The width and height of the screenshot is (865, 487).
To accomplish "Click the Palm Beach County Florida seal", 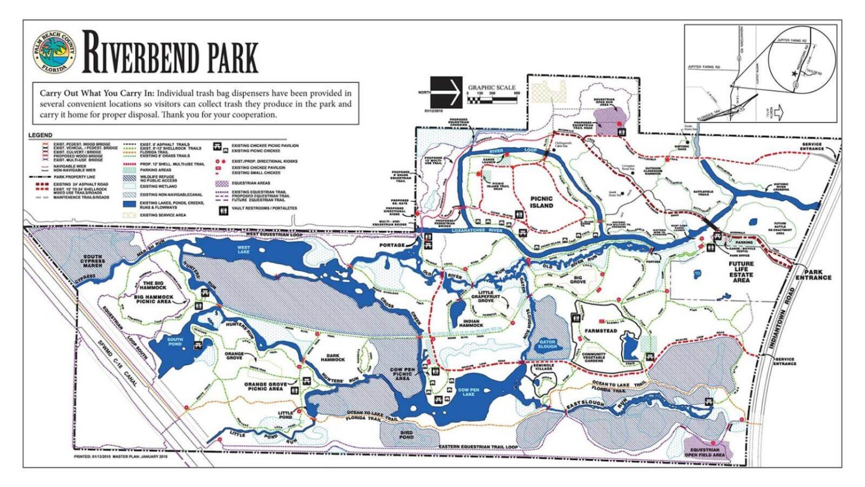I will [54, 53].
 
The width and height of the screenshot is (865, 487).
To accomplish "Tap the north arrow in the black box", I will [446, 92].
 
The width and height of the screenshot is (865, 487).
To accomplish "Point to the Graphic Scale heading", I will [492, 87].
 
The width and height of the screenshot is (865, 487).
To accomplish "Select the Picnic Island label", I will [541, 202].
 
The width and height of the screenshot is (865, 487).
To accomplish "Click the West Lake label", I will [244, 250].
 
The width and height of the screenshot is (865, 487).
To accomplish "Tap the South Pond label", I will [175, 342].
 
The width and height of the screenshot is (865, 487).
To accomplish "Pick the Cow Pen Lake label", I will [469, 392].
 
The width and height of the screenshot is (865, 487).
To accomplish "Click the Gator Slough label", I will [547, 344].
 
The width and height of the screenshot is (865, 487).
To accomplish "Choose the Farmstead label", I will [601, 331].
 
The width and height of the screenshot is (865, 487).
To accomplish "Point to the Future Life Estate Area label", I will [741, 272].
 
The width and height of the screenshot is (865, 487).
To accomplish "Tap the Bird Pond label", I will [406, 435].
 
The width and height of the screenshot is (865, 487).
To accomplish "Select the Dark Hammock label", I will [333, 357].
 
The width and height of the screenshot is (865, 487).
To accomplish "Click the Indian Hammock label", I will [471, 324].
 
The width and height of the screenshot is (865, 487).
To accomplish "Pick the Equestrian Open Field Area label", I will [705, 452].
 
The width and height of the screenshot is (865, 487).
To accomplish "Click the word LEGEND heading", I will [41, 135].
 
